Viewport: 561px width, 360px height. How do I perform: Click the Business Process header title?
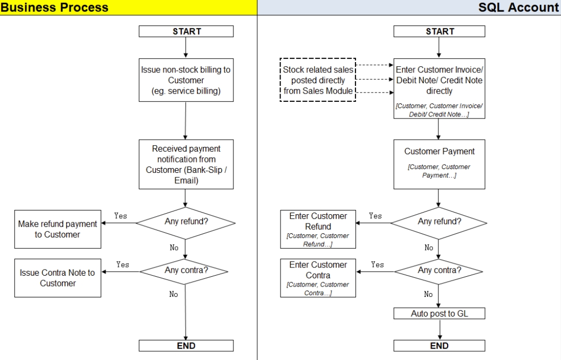(x=54, y=7)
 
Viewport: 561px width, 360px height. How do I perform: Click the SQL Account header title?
(x=518, y=7)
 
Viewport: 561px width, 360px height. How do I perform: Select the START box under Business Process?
(x=186, y=32)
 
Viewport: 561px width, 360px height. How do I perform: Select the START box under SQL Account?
(x=439, y=32)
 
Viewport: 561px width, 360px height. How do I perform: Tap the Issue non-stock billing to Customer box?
(x=186, y=81)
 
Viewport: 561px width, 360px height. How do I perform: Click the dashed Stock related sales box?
(x=318, y=80)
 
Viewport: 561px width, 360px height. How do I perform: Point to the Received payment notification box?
(x=186, y=164)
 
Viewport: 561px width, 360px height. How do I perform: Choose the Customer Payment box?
(x=439, y=164)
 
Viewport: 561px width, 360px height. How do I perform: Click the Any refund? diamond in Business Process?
(x=186, y=223)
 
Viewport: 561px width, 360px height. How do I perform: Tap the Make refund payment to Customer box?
(x=57, y=229)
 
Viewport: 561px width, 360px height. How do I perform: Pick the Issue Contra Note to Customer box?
(x=57, y=278)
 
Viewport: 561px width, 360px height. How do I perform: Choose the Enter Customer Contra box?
(x=318, y=278)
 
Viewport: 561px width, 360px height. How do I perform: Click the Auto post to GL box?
(x=439, y=314)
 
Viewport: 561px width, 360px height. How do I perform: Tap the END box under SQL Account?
(x=439, y=346)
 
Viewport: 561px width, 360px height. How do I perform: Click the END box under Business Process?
(x=186, y=346)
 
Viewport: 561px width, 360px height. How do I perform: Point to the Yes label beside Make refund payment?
(x=121, y=216)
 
